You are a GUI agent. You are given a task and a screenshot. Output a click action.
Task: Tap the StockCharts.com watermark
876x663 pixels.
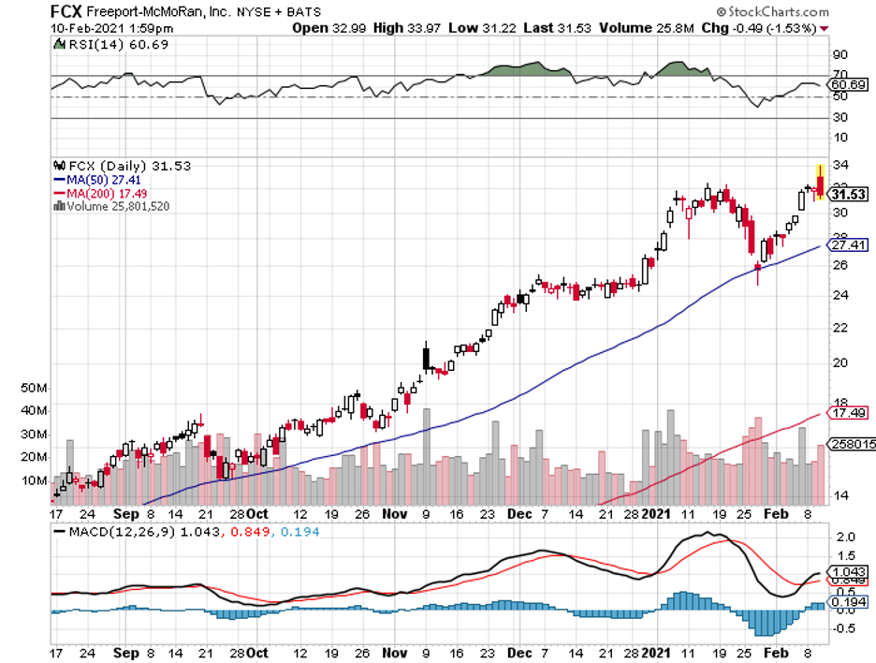click(x=772, y=12)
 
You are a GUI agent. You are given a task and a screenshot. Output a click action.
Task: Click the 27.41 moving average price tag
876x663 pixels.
click(x=846, y=245)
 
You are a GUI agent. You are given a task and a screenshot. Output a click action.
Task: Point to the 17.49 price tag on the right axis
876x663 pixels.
click(x=846, y=412)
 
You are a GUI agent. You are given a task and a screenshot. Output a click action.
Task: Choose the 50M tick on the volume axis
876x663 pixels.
click(x=34, y=387)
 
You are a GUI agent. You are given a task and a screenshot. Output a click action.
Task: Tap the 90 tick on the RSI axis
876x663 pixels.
click(x=839, y=55)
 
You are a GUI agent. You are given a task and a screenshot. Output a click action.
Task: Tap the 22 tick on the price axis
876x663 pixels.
click(x=839, y=327)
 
